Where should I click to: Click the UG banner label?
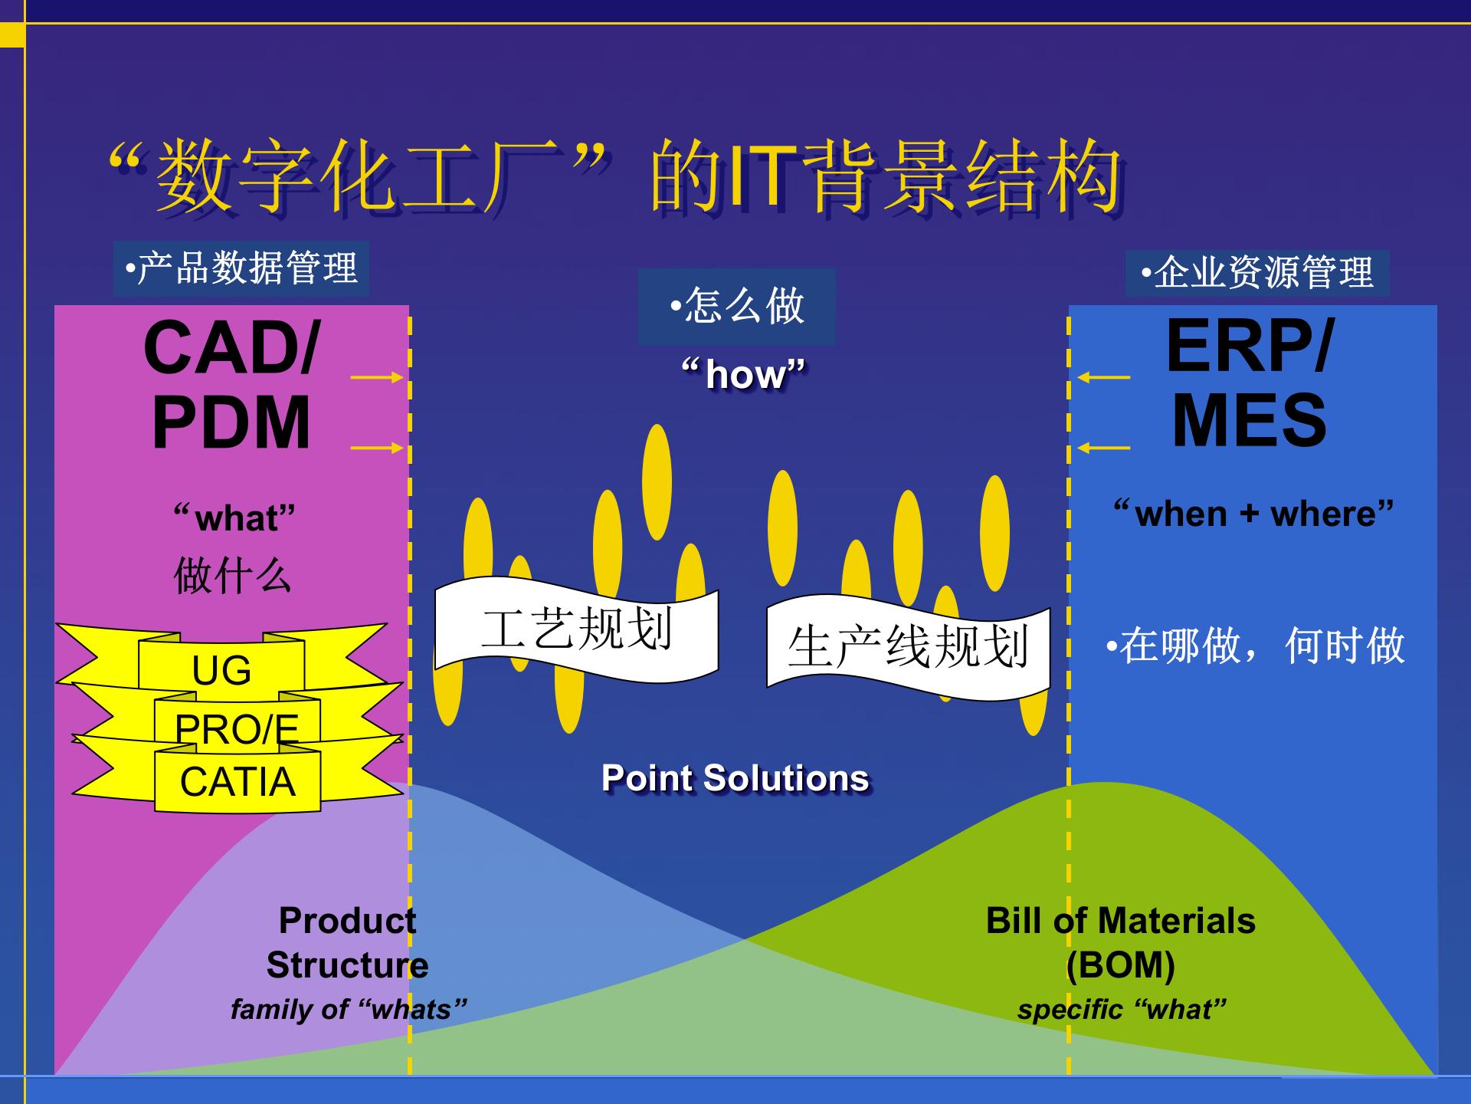pyautogui.click(x=221, y=669)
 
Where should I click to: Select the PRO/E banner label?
pyautogui.click(x=236, y=728)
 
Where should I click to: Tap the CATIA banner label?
pyautogui.click(x=238, y=782)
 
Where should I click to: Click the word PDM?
pyautogui.click(x=231, y=422)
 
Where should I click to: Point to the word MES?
pyautogui.click(x=1249, y=421)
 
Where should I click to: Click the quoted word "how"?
pyautogui.click(x=743, y=375)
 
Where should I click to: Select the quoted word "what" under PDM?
pyautogui.click(x=234, y=517)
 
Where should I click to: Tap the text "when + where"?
pyautogui.click(x=1253, y=513)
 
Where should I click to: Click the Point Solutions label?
pyautogui.click(x=735, y=778)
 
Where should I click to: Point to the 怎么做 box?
pyautogui.click(x=736, y=306)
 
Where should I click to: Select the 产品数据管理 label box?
pyautogui.click(x=241, y=268)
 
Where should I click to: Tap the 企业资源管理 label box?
pyautogui.click(x=1256, y=273)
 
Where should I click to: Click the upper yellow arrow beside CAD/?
pyautogui.click(x=376, y=377)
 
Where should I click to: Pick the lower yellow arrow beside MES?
pyautogui.click(x=1103, y=447)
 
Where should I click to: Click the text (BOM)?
pyautogui.click(x=1120, y=964)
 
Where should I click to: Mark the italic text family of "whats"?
pyautogui.click(x=349, y=1009)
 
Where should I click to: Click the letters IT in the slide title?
pyautogui.click(x=762, y=178)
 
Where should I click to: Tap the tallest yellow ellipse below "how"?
pyautogui.click(x=657, y=481)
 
